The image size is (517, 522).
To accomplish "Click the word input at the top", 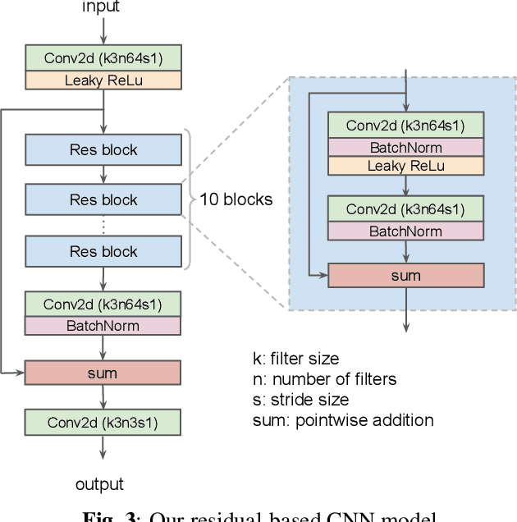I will pos(101,7).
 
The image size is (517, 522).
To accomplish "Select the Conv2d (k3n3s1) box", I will pos(103,423).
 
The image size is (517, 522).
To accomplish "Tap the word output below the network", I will pos(99,484).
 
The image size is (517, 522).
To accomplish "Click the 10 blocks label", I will pos(236,199).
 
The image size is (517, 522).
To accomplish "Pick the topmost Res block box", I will pos(103,150).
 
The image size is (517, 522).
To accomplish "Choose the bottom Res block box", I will pos(103,251).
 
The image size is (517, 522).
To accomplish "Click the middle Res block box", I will pos(103,199).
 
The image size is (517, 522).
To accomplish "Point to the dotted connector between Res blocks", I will pos(103,225).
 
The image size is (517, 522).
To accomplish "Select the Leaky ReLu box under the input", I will pos(103,80).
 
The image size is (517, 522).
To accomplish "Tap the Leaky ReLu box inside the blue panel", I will pos(405,166).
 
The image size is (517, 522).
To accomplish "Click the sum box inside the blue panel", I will pos(405,275).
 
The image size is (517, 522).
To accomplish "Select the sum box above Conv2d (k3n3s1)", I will pos(103,373).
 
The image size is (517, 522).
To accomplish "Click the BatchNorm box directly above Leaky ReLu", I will pos(405,148).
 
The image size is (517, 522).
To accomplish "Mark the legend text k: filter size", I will pos(295,359).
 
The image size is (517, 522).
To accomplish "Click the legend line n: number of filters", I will pos(324,379).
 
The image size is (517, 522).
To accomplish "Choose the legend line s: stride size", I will pos(300,400).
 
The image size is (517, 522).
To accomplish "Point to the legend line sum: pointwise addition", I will pos(343,420).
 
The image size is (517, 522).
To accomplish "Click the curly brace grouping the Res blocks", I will pos(188,199).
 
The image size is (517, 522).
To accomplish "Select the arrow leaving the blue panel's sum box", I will pos(405,309).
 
